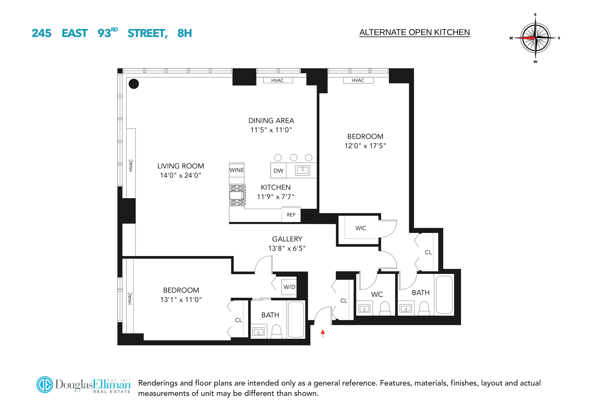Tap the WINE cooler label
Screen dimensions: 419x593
(237, 170)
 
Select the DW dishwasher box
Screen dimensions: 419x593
(278, 171)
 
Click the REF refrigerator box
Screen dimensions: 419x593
(291, 215)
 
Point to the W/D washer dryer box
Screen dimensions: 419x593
(289, 287)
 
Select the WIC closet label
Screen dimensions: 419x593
(361, 228)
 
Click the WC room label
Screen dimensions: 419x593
(377, 294)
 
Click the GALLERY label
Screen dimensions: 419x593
(287, 239)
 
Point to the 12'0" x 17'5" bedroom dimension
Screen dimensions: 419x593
(365, 146)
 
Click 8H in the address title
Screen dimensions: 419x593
(184, 33)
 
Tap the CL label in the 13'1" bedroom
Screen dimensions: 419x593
(238, 320)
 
